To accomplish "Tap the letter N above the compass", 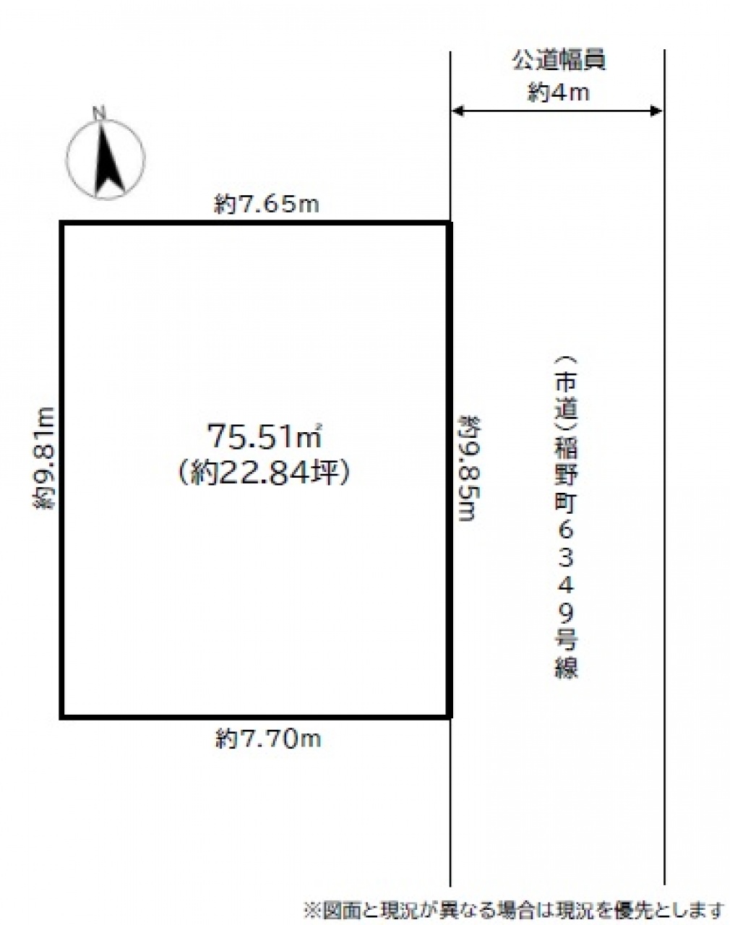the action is pos(99,113).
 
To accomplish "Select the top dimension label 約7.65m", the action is pos(267,205).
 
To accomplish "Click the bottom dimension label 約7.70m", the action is pos(268,739).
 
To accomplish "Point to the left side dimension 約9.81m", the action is pos(44,458).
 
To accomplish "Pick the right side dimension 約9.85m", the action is pos(470,468).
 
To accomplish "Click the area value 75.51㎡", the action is pos(265,436).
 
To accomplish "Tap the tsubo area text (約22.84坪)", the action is pos(264,473).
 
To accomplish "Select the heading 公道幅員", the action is pos(559,61).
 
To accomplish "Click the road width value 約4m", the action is pos(559,92).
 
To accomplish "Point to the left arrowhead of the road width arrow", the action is pos(457,111).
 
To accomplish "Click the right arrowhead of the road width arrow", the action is pos(656,111).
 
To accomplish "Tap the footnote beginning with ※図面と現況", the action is pos(515,910).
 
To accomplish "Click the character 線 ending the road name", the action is pos(566,667).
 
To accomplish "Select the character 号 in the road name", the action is pos(566,640).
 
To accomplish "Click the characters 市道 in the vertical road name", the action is pos(566,395).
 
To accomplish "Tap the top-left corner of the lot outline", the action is pos(62,223).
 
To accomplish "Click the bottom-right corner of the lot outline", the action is pos(450,716).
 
